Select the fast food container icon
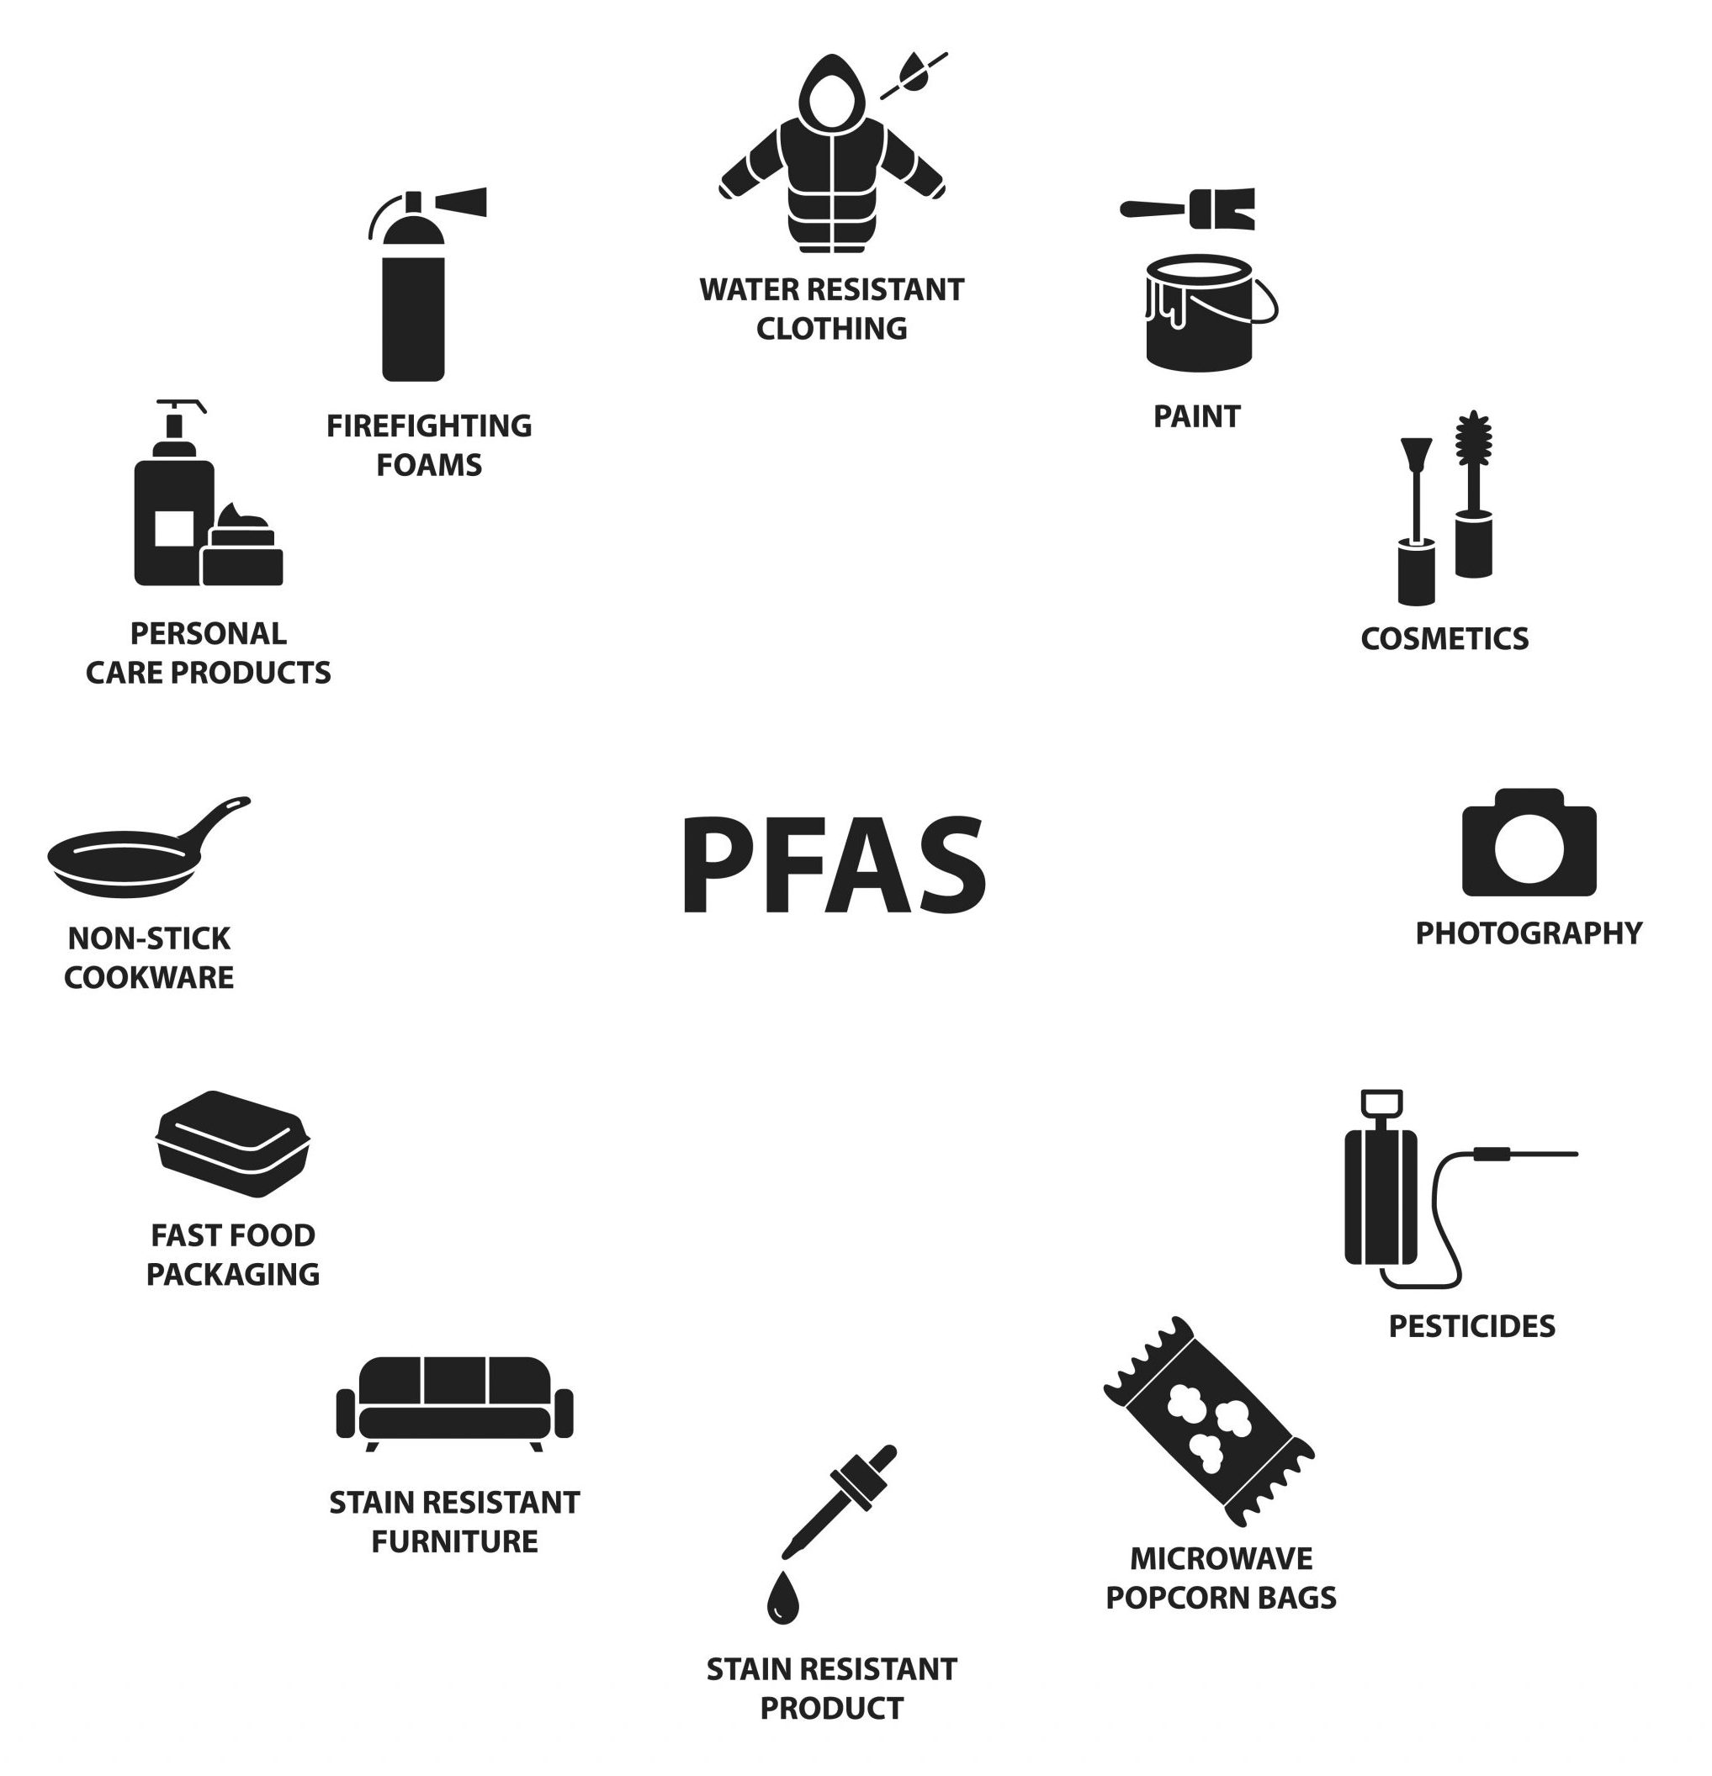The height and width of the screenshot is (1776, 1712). (233, 1145)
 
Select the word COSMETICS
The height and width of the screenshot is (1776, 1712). (1444, 639)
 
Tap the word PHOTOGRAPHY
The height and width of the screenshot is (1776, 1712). (1528, 933)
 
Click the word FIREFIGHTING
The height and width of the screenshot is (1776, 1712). (429, 425)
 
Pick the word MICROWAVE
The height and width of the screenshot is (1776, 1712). (1221, 1558)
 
